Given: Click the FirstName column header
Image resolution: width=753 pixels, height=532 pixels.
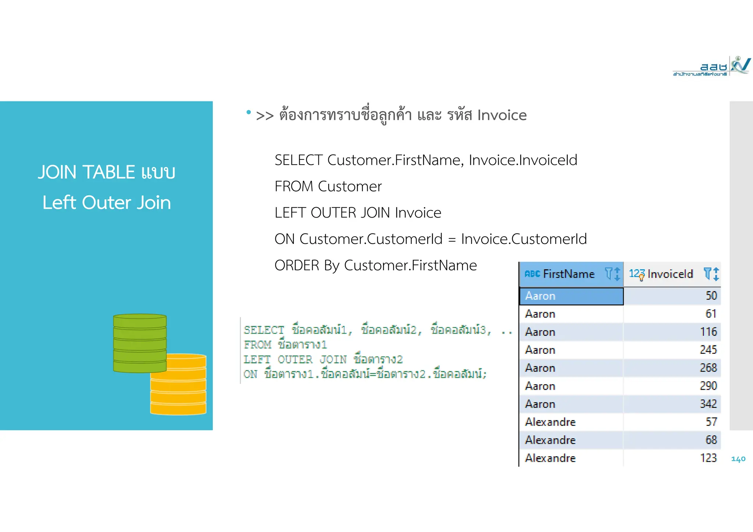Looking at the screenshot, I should (568, 274).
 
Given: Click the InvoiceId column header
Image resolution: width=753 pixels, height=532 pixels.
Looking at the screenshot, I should (670, 274).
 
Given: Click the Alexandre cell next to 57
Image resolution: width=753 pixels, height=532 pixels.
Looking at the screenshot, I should (550, 422).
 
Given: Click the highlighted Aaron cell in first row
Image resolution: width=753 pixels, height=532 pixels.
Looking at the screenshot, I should (571, 296).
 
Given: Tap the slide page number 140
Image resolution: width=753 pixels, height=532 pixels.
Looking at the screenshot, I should (738, 459).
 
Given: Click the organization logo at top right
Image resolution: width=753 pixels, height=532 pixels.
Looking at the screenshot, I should (711, 66).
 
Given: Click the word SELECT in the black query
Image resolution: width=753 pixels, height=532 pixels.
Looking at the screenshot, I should (298, 160).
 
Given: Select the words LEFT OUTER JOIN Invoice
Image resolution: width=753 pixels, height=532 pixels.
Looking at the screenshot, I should (358, 213).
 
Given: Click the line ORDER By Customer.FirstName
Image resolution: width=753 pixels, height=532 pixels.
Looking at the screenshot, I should (375, 265).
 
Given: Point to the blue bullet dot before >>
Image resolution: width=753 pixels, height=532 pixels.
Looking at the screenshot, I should (249, 112).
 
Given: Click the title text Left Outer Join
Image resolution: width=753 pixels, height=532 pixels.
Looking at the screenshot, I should (107, 202).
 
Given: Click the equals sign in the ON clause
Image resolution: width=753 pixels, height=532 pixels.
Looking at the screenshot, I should (452, 240).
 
